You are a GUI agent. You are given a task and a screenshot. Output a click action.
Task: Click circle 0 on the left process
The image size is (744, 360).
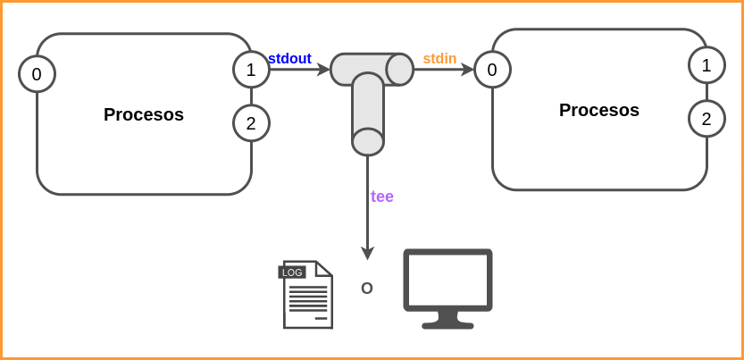click(x=37, y=75)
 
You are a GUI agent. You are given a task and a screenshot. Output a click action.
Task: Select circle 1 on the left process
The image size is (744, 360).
click(x=251, y=69)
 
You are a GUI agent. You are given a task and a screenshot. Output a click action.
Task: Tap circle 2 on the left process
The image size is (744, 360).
click(x=251, y=123)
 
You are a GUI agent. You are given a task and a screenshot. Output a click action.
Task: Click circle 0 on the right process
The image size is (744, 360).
click(x=492, y=69)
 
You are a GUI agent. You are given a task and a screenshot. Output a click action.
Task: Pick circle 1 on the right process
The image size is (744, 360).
click(x=706, y=64)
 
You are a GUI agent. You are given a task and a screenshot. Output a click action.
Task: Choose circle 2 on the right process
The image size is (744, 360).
click(x=706, y=119)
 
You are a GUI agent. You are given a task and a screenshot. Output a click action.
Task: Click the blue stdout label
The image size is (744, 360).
click(x=289, y=59)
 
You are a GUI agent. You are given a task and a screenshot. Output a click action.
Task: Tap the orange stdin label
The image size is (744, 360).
click(x=439, y=59)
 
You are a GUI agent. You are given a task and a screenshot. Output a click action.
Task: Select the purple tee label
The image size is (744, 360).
click(x=382, y=197)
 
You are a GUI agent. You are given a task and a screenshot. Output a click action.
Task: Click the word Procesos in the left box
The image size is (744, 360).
click(x=144, y=114)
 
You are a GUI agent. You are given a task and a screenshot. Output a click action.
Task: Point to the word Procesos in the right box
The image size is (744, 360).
click(x=599, y=110)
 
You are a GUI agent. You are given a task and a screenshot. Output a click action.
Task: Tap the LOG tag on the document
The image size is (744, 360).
click(x=292, y=272)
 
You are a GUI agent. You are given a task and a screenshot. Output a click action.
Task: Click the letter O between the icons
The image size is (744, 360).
click(x=366, y=289)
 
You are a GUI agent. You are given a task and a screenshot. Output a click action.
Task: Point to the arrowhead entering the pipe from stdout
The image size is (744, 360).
click(x=324, y=69)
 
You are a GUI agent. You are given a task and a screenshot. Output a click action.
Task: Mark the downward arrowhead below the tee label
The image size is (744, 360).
click(x=367, y=254)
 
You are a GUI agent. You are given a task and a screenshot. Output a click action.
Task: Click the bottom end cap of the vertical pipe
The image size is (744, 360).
click(x=367, y=141)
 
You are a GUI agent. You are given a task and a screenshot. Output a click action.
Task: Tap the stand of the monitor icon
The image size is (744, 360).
click(x=447, y=320)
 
